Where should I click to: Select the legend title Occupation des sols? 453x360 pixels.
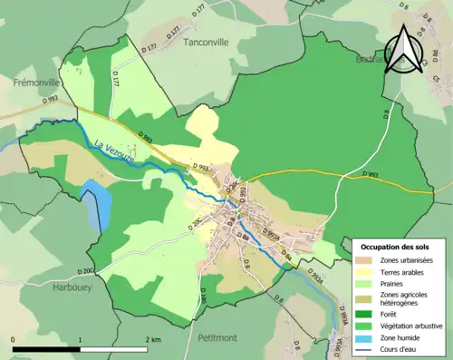point(397,247)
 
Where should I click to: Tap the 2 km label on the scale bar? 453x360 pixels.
point(153,340)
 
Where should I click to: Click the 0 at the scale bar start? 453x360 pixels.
point(14,340)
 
